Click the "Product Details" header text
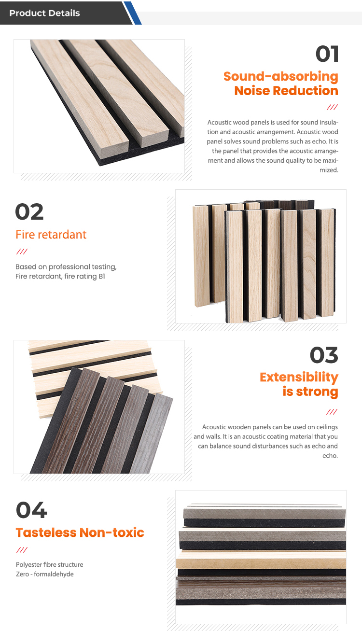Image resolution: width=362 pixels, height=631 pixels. click(44, 13)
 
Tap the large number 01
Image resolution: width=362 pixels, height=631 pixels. click(327, 54)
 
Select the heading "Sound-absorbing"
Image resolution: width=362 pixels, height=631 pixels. click(280, 76)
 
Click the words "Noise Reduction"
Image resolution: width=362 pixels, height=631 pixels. click(286, 91)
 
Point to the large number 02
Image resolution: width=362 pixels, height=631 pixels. click(29, 212)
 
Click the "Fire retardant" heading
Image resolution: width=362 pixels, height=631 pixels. click(51, 234)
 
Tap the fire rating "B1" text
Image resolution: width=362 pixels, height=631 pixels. click(102, 276)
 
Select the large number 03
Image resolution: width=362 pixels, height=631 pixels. click(324, 355)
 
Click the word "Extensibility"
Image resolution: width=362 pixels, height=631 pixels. click(299, 378)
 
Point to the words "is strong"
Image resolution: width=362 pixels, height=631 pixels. click(310, 392)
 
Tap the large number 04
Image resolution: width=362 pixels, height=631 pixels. click(31, 510)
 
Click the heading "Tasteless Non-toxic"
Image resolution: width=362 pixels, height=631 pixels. click(80, 533)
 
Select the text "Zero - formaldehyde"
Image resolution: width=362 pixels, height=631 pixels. click(45, 574)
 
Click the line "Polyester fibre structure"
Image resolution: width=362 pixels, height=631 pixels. click(50, 564)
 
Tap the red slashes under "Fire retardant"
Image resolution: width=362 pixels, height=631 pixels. click(22, 251)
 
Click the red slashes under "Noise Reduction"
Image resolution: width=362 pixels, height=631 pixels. click(332, 107)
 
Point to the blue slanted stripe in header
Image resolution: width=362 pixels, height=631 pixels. click(132, 13)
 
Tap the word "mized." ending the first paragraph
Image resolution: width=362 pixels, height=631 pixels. click(329, 170)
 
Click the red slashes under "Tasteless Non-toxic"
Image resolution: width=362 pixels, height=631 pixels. click(22, 550)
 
